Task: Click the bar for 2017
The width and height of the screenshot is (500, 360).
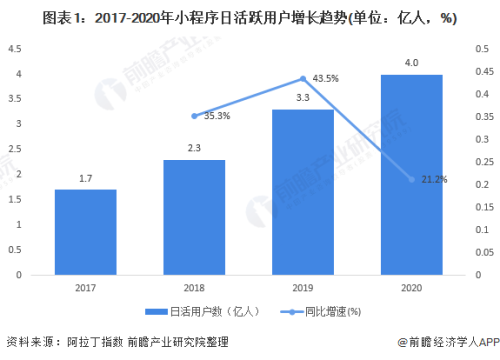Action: [x=85, y=232]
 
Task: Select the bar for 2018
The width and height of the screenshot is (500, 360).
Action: [x=195, y=217]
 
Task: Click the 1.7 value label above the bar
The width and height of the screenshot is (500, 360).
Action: [x=85, y=179]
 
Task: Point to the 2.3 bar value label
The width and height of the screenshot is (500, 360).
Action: [x=195, y=149]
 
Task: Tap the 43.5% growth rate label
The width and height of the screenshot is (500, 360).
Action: [x=325, y=78]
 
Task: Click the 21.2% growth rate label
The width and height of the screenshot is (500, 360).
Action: [x=435, y=180]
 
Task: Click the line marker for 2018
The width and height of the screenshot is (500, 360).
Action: [x=195, y=116]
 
